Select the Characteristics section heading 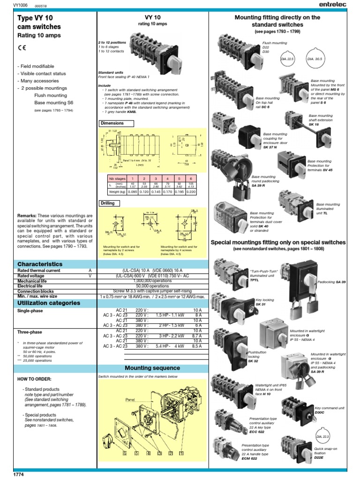(x=40, y=264)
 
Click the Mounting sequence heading (x=152, y=368)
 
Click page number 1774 (x=7, y=475)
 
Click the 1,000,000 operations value (x=152, y=281)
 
